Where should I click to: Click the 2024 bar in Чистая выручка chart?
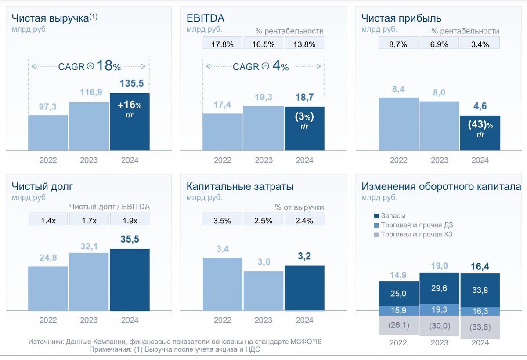click(129, 122)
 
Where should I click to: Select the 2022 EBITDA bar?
click(222, 132)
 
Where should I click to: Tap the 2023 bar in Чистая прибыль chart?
click(439, 126)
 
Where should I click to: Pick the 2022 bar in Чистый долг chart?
click(48, 288)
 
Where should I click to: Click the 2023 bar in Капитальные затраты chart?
click(263, 291)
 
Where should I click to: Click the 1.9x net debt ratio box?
click(130, 220)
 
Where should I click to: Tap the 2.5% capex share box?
click(263, 220)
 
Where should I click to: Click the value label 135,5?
click(132, 84)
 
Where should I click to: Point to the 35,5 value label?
click(130, 240)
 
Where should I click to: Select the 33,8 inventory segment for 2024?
click(480, 290)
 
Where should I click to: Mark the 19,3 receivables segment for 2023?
click(439, 310)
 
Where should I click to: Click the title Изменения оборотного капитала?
click(441, 186)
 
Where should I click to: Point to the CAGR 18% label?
click(89, 66)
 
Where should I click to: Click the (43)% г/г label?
click(480, 128)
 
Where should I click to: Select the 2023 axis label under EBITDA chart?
click(263, 160)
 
